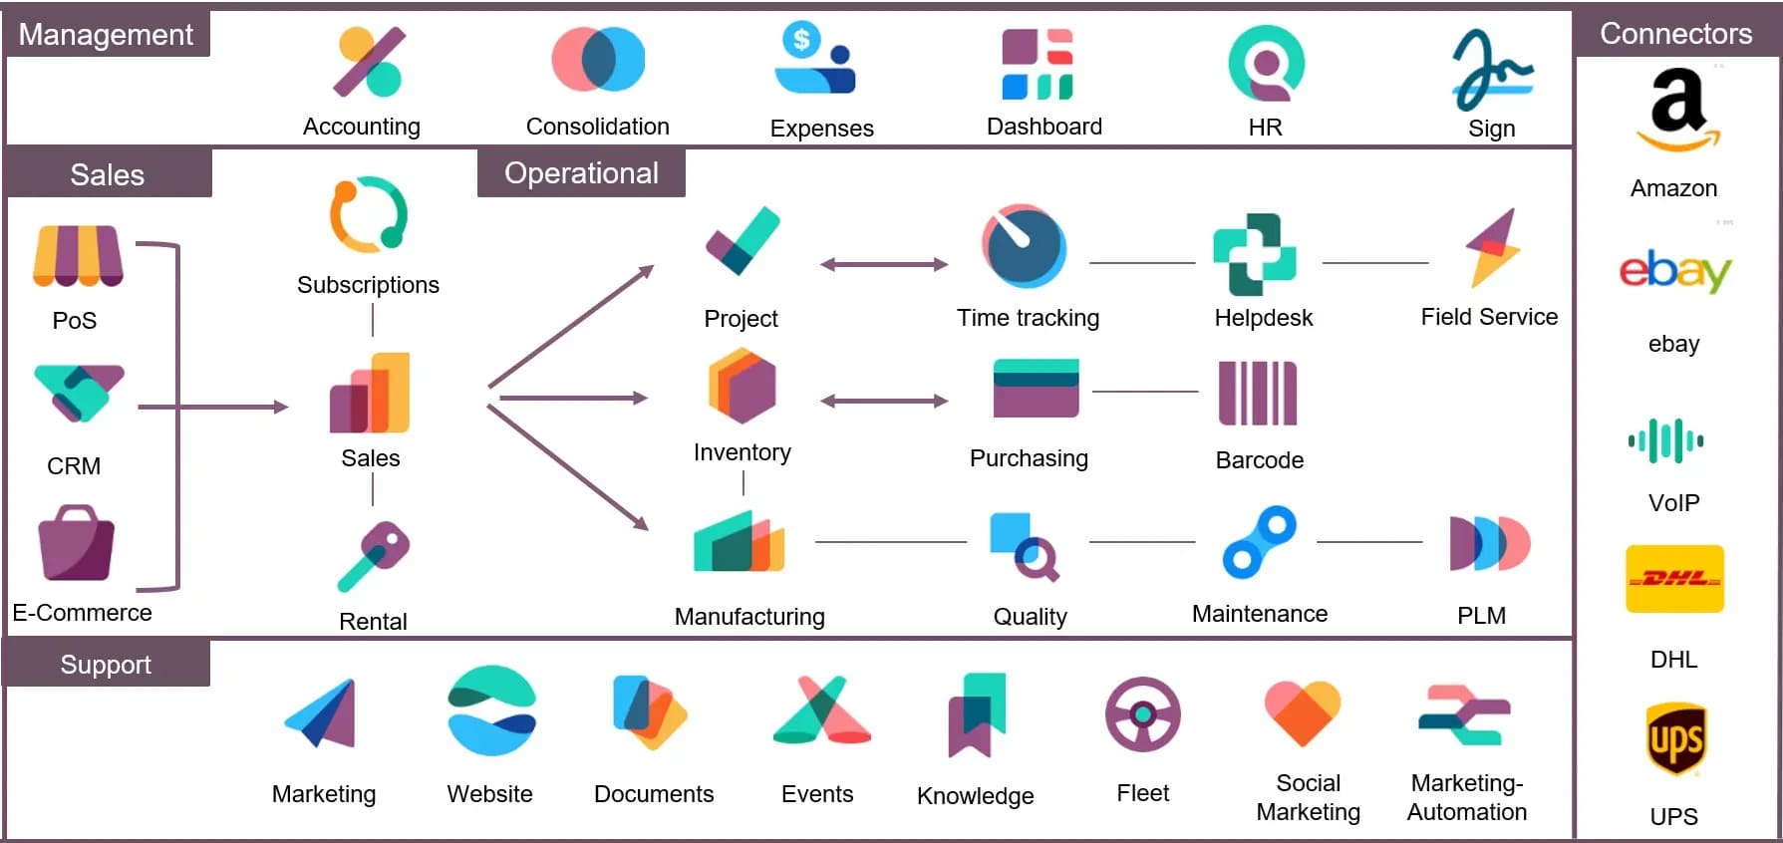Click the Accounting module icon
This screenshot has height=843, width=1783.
(369, 62)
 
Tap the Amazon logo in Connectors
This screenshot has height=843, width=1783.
(1677, 108)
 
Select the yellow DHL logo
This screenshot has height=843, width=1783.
(1674, 578)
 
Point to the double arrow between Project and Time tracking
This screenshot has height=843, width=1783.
(883, 264)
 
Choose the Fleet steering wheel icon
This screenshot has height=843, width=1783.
(1142, 714)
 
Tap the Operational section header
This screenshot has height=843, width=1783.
(581, 173)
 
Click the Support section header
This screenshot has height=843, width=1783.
(106, 665)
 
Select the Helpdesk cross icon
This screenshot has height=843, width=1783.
(1254, 254)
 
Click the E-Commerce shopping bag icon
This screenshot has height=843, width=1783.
(76, 543)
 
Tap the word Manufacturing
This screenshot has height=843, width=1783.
(749, 617)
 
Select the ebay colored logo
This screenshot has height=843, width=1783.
(1674, 270)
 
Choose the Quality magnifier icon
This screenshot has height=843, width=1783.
(1024, 545)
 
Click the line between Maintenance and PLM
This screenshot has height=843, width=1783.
(1369, 542)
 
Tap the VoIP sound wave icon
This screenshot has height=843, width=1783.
(1665, 440)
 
